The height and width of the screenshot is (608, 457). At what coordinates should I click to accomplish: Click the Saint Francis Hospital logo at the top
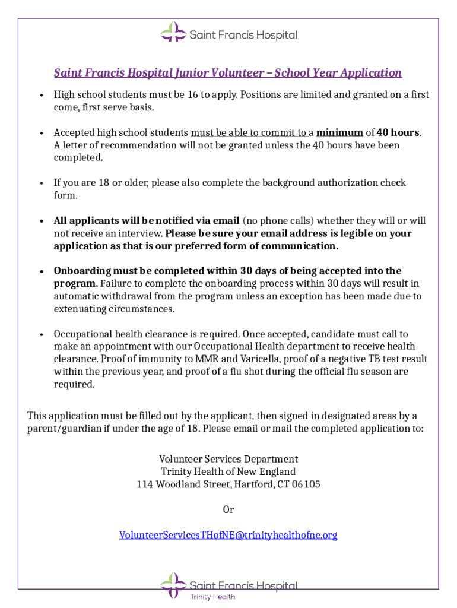[228, 33]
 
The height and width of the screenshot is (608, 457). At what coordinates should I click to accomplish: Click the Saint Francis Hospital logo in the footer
[228, 585]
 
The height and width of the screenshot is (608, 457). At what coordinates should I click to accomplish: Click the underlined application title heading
[228, 73]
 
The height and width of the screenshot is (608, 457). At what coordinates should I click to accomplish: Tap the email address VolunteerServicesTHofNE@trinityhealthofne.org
[228, 535]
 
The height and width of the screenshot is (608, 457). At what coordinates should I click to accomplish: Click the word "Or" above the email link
[228, 509]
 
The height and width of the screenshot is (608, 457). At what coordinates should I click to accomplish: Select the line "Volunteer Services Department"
[228, 459]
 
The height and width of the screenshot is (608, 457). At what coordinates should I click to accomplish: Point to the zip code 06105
[307, 484]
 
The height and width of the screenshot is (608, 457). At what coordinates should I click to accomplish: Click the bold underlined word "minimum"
[339, 132]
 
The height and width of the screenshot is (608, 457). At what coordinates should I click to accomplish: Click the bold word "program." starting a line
[75, 283]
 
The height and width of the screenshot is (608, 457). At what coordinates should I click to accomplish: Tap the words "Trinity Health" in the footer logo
[212, 597]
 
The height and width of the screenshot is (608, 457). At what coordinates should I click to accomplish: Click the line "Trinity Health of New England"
[228, 472]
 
